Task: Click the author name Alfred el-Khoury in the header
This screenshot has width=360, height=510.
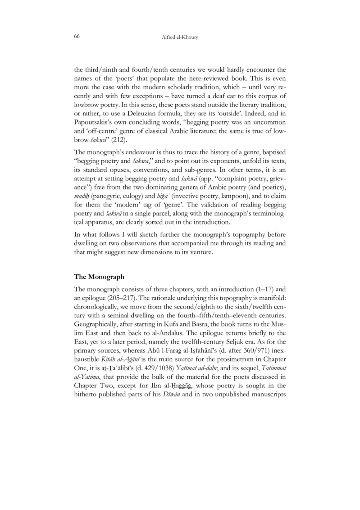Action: point(180,37)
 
